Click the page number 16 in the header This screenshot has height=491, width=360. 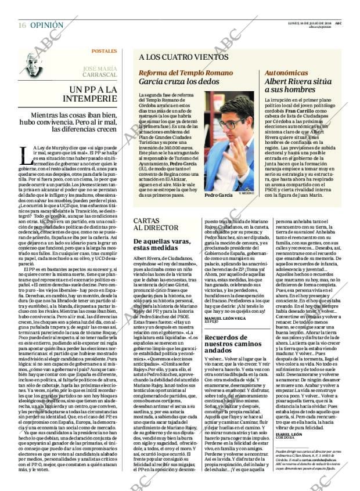point(22,26)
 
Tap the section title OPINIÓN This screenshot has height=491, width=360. point(46,26)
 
